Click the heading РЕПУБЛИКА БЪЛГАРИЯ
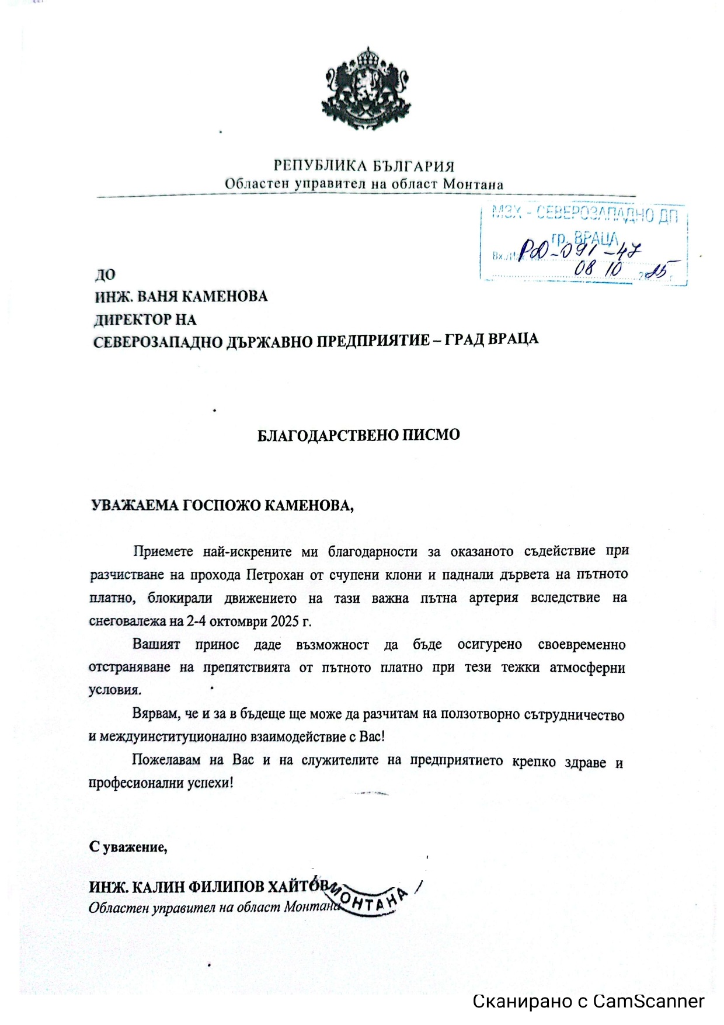pyautogui.click(x=364, y=166)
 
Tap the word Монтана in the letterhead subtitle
pyautogui.click(x=473, y=184)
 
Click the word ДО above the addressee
pyautogui.click(x=105, y=275)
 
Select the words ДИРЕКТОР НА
pyautogui.click(x=145, y=319)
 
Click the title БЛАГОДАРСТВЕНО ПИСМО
pyautogui.click(x=358, y=435)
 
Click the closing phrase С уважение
pyautogui.click(x=128, y=847)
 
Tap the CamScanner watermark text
pyautogui.click(x=588, y=1001)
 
